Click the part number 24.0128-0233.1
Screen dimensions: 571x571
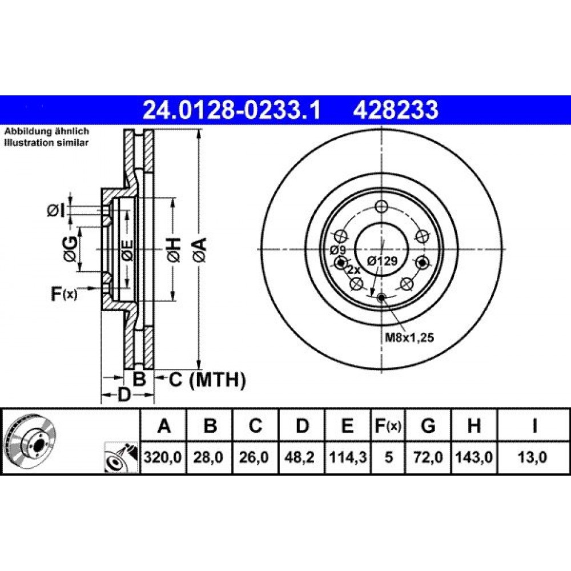232,110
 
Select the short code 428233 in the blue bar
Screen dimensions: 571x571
396,110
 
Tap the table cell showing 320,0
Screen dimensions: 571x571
163,457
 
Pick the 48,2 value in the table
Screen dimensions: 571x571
301,457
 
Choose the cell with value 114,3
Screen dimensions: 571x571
348,457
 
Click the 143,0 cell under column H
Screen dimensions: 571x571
474,457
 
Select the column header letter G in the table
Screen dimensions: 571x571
428,425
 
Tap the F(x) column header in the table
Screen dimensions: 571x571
388,425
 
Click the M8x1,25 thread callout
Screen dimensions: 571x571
409,337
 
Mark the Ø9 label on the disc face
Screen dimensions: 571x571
337,251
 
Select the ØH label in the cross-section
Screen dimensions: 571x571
174,250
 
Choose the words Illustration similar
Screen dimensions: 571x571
46,142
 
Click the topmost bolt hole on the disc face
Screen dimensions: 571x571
381,207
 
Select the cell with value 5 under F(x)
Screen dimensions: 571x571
388,457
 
